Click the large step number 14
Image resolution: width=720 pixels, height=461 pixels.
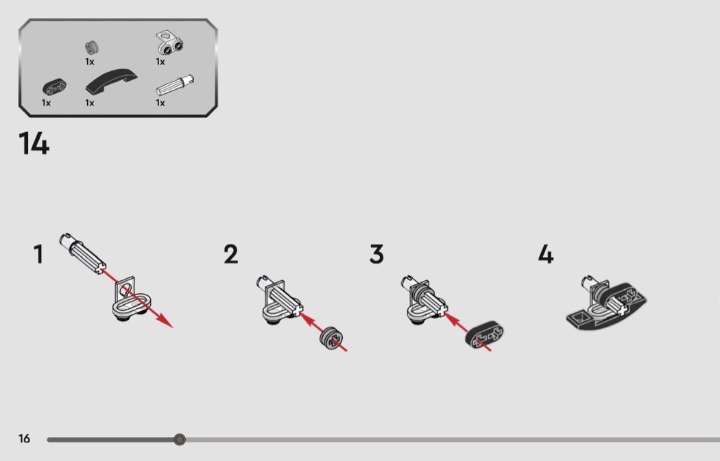(x=34, y=143)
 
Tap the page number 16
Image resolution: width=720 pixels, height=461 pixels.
(x=24, y=438)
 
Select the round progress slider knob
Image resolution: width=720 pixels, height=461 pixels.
(x=180, y=440)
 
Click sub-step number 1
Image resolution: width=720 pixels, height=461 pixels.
(x=38, y=254)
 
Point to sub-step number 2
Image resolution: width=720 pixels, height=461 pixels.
(x=231, y=254)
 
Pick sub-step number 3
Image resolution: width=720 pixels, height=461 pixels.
(x=376, y=254)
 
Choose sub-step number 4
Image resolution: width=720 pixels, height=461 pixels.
(x=546, y=254)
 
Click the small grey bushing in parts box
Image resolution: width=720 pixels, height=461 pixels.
(x=92, y=47)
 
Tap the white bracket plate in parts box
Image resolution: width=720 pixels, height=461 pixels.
(x=169, y=42)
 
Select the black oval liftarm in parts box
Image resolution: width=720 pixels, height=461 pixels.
(x=55, y=87)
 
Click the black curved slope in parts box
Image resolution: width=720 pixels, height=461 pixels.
(x=112, y=82)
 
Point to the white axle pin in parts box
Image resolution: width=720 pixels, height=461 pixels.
(x=174, y=86)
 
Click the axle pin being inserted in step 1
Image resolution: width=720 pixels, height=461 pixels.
(x=82, y=253)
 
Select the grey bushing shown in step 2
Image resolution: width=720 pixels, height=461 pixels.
(x=330, y=338)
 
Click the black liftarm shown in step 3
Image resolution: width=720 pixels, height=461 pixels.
(x=484, y=335)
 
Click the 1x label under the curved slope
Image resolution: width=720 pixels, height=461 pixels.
(x=90, y=103)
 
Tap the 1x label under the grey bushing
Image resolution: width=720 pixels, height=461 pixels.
(x=90, y=62)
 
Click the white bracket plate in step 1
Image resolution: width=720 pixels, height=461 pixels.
(x=132, y=301)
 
